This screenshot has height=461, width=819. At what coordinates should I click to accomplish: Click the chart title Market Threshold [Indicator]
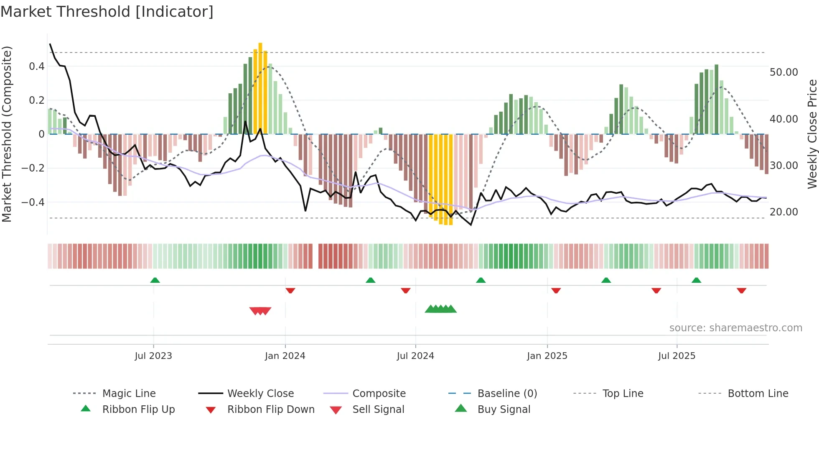(x=107, y=12)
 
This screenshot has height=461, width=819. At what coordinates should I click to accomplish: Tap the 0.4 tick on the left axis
(x=37, y=67)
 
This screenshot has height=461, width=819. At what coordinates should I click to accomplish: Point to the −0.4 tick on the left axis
(x=33, y=202)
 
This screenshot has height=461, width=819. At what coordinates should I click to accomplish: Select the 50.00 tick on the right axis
(x=783, y=72)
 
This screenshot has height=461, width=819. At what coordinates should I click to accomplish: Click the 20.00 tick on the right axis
(x=783, y=212)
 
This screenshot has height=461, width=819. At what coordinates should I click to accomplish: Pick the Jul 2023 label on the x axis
(x=153, y=356)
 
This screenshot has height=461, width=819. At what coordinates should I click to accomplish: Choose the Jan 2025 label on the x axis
(x=547, y=356)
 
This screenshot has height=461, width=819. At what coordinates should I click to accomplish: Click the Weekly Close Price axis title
(x=812, y=134)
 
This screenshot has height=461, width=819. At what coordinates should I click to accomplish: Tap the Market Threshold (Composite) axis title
(x=7, y=134)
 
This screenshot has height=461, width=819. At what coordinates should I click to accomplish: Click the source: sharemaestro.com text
(x=735, y=328)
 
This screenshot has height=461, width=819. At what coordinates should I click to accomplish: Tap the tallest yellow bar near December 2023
(x=260, y=88)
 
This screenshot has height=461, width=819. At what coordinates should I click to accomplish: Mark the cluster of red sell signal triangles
(x=260, y=311)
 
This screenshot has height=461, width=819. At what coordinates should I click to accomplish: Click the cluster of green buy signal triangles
(x=440, y=309)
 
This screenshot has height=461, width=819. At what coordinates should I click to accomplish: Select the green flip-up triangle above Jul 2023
(x=155, y=280)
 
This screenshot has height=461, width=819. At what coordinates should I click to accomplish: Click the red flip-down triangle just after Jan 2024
(x=290, y=290)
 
